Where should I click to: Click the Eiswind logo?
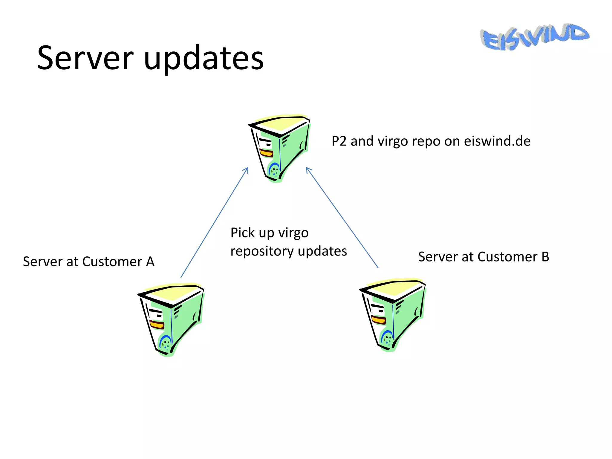[x=534, y=37]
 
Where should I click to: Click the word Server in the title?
[x=85, y=58]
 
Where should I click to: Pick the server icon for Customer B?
[x=392, y=314]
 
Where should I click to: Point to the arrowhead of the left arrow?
[x=247, y=169]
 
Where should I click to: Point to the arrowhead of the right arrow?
[x=308, y=169]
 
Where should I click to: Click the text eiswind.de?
[x=497, y=141]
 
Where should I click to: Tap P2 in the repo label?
[x=339, y=141]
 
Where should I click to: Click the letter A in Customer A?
[x=150, y=262]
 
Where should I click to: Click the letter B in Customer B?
[x=545, y=257]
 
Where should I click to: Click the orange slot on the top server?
[x=266, y=154]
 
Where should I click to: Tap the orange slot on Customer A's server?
[x=156, y=325]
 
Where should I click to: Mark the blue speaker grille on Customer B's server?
[x=387, y=338]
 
